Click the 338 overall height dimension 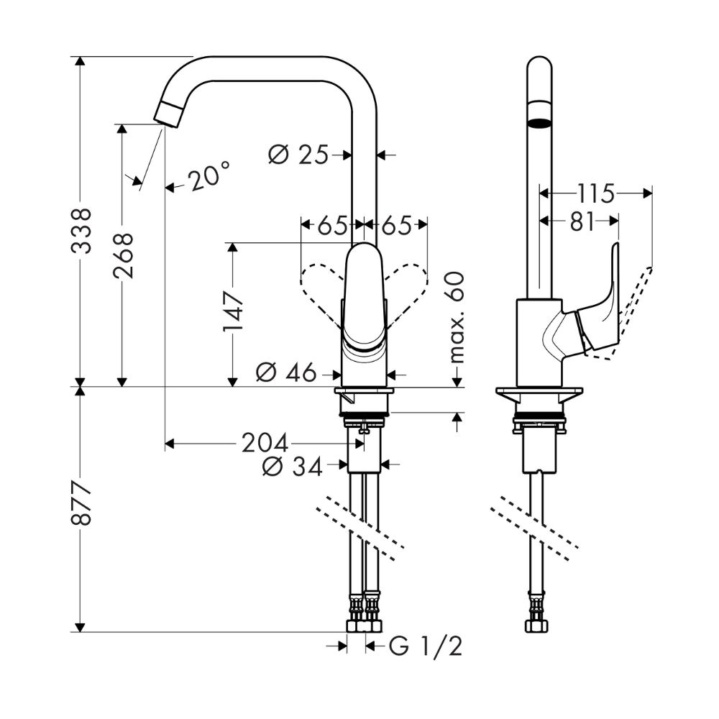coord(84,231)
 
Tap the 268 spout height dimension coord(123,255)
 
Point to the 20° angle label coord(211,176)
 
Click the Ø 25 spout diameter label coord(298,154)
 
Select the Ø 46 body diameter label coord(286,372)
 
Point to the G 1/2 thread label coord(425,647)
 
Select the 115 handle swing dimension coord(595,193)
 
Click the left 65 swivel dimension coord(333,225)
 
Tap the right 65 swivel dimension coord(396,225)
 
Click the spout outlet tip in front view coord(169,115)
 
